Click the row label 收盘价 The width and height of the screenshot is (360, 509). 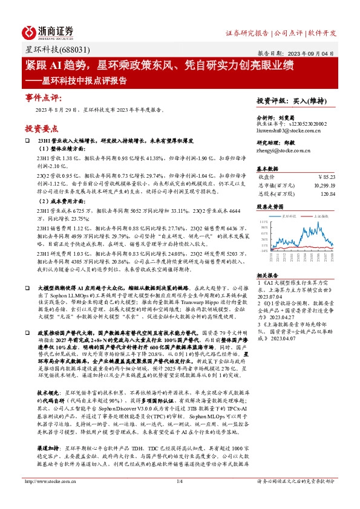[267, 176]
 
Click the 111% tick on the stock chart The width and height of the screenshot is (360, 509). [264, 222]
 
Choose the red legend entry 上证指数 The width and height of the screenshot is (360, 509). [320, 215]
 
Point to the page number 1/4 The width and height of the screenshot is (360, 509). [179, 498]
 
